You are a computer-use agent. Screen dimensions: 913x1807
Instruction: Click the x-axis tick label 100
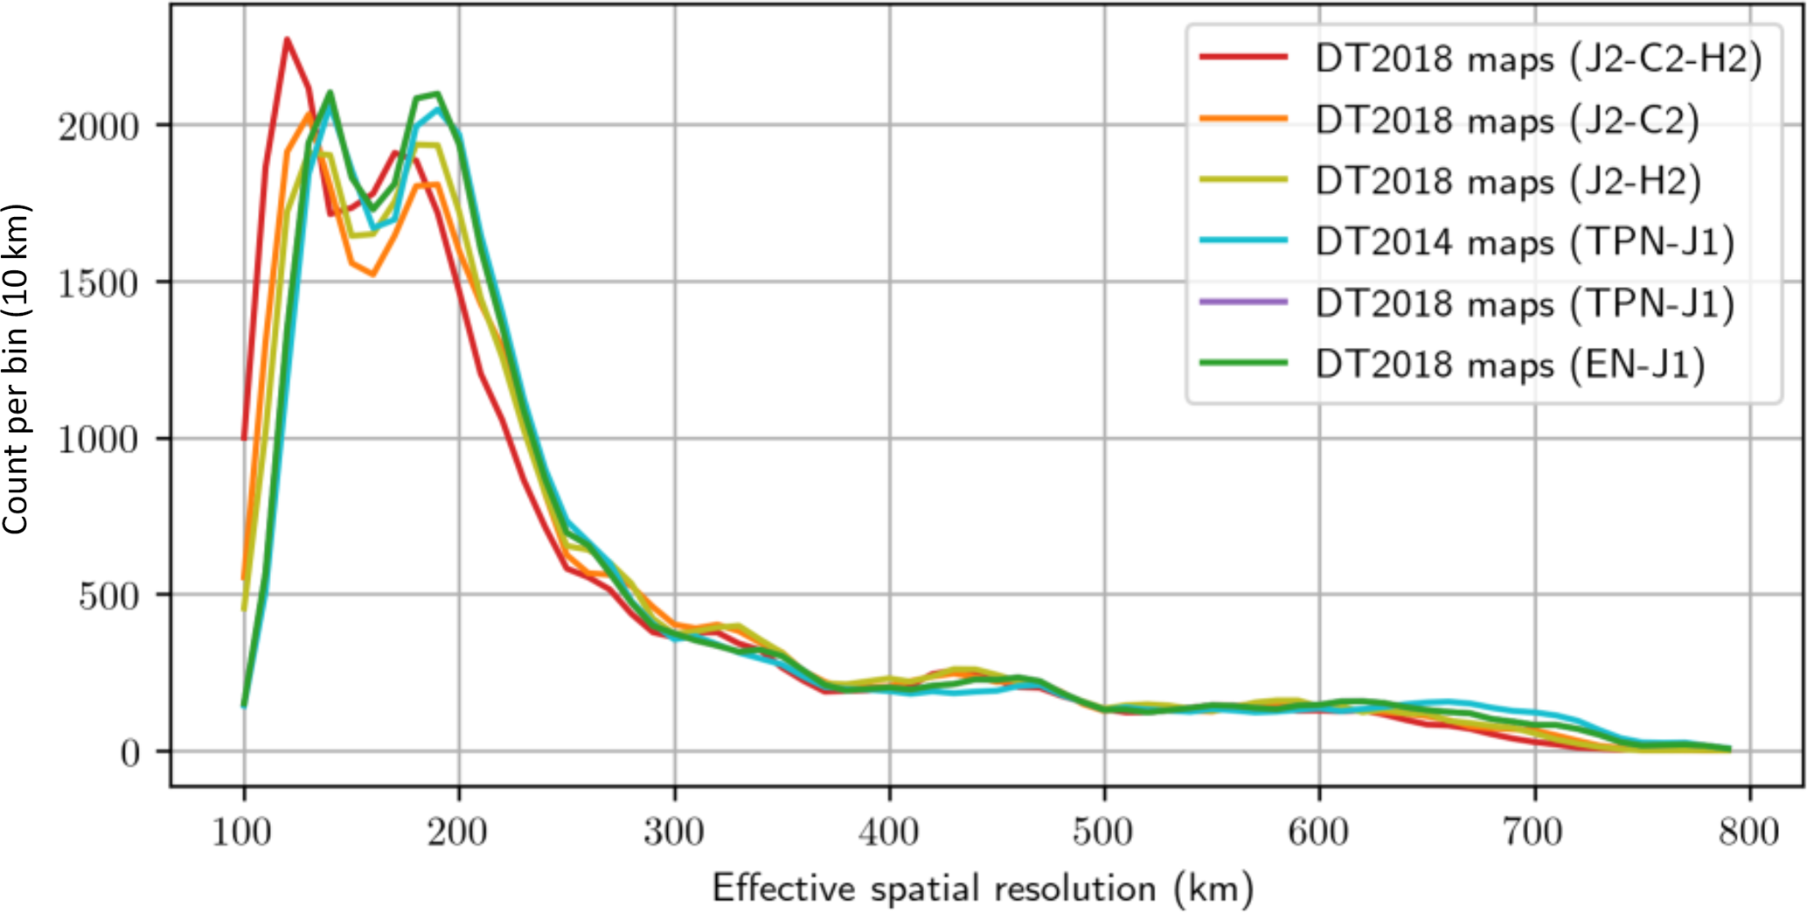click(242, 832)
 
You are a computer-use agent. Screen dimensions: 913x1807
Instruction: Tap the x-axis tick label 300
click(674, 832)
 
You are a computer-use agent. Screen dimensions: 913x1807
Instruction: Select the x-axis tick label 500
click(1103, 832)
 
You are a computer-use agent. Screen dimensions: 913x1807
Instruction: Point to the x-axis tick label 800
click(1748, 832)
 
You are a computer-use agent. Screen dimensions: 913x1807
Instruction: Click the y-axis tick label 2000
click(99, 128)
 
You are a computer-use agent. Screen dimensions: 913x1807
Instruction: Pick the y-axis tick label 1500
click(99, 283)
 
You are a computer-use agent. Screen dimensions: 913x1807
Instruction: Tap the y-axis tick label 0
click(129, 753)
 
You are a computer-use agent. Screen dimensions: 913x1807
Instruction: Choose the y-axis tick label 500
click(109, 596)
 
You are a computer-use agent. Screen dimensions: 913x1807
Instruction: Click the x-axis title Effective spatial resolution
click(983, 889)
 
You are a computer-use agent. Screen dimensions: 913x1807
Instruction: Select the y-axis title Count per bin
click(16, 369)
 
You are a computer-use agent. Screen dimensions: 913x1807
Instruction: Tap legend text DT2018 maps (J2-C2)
click(1507, 121)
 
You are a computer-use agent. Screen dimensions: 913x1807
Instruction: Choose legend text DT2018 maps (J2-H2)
click(1508, 182)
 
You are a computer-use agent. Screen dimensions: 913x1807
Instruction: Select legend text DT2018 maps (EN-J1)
click(1510, 365)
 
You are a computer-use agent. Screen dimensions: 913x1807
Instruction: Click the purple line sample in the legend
click(1243, 303)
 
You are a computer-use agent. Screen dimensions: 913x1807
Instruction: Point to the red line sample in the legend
click(1243, 58)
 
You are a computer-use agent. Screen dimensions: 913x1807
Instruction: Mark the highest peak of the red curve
click(287, 39)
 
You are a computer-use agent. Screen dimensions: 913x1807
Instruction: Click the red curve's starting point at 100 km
click(244, 438)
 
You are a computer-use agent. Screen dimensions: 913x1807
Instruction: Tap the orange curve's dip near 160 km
click(373, 275)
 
